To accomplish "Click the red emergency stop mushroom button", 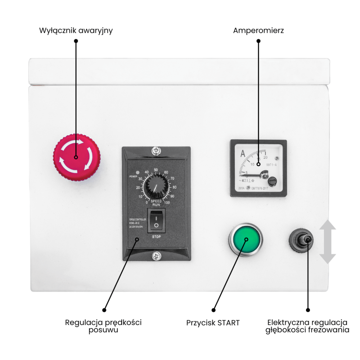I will tap(76, 157).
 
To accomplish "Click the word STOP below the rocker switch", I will tap(156, 237).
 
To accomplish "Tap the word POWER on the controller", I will tap(134, 176).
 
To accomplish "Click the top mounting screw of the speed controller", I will tap(156, 150).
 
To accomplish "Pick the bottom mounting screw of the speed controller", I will tap(156, 256).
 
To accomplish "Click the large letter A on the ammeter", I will tap(243, 154).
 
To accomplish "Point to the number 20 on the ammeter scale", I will tap(266, 157).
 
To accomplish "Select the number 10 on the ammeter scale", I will tap(252, 164).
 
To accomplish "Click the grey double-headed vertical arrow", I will tap(328, 242).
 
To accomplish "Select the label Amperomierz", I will tap(258, 31).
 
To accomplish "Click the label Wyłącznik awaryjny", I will tap(76, 31).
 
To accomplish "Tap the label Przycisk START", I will tap(213, 323).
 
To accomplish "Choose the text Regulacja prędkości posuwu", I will tap(103, 326).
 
